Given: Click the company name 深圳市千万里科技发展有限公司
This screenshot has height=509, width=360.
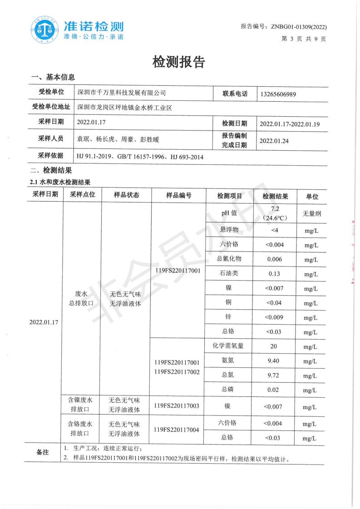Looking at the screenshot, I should pos(122,93).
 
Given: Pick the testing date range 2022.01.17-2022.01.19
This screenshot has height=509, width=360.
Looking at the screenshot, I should pos(290,124).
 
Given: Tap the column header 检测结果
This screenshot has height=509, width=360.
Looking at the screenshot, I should pos(275,196).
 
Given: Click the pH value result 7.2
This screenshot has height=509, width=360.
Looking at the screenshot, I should pos(274,208).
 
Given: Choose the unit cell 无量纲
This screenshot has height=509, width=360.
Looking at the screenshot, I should pos(311,213).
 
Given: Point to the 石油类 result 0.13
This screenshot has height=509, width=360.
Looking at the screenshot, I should pos(275,274).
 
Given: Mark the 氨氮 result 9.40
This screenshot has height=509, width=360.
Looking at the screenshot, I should pos(275,361).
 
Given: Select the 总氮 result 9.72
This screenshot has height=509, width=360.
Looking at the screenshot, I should pos(275,376).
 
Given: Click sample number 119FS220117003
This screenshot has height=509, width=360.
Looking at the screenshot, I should pos(177,405).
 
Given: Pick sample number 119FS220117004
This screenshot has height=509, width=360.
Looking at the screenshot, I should pos(177,429).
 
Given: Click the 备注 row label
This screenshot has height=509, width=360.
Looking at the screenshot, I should pos(42,453).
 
